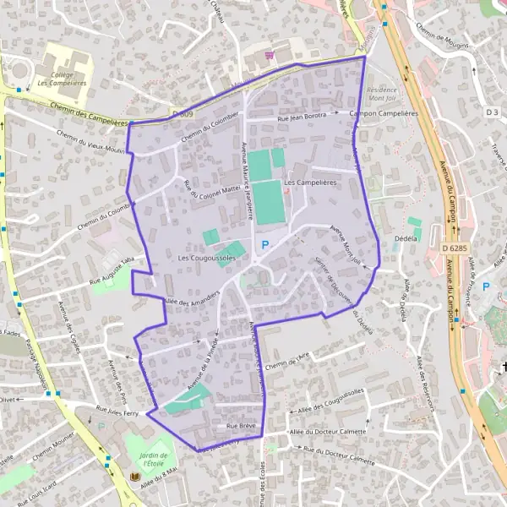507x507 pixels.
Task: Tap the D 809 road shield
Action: click(181, 112)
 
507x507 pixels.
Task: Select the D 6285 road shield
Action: click(455, 248)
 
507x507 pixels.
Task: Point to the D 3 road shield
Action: click(493, 112)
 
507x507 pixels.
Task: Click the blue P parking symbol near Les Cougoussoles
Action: click(264, 245)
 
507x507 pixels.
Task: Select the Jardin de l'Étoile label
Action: click(140, 455)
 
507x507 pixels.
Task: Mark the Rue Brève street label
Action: click(240, 426)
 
